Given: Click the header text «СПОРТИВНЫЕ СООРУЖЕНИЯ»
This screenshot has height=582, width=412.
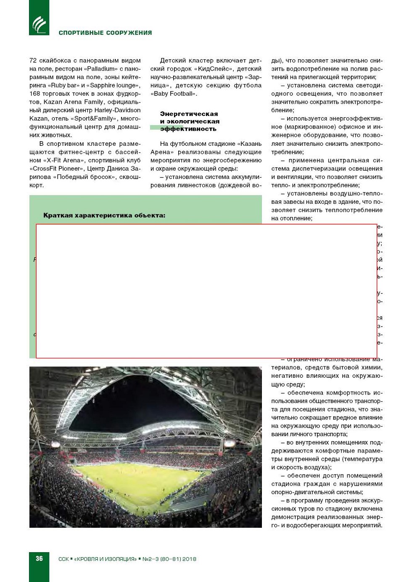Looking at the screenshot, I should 105,33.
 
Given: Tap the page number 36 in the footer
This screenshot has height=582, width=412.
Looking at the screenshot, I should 39,558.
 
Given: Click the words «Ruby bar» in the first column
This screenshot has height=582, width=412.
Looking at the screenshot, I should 65,85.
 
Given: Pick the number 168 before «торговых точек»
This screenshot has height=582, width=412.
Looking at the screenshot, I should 34,94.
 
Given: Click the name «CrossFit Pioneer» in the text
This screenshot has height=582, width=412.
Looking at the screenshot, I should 58,169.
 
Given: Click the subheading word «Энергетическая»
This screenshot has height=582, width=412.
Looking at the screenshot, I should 189,114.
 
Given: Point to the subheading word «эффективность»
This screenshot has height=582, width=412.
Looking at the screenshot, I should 188,129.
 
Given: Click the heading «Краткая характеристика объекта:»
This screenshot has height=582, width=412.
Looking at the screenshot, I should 104,216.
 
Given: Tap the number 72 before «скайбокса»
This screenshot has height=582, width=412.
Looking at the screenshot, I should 33,61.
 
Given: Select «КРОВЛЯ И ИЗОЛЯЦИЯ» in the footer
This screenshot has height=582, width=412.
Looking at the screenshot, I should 105,559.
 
